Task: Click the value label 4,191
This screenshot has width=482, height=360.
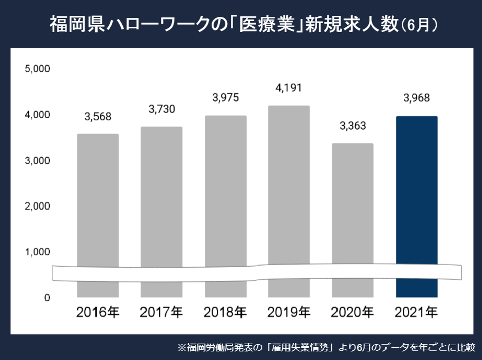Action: pyautogui.click(x=288, y=88)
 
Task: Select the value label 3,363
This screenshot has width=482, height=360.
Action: pyautogui.click(x=353, y=126)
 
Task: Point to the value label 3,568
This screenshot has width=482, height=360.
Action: pyautogui.click(x=98, y=117)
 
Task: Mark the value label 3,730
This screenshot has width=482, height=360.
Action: pyautogui.click(x=161, y=109)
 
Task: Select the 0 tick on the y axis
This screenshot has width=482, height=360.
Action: pyautogui.click(x=46, y=298)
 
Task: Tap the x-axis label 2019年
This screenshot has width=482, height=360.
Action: pyautogui.click(x=288, y=312)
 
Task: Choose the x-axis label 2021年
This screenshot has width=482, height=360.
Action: pyautogui.click(x=416, y=312)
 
